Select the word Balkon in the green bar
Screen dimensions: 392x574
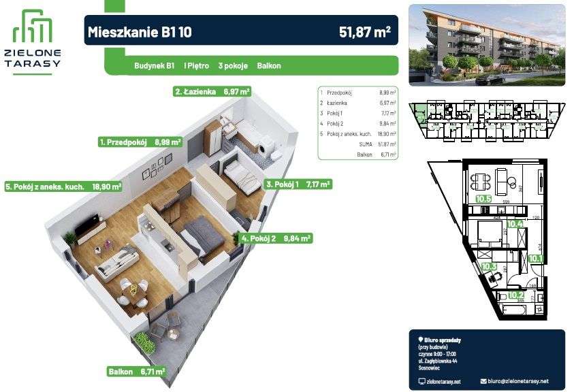click(269, 66)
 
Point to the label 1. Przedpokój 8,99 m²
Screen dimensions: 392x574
click(140, 143)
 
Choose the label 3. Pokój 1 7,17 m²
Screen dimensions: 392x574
click(298, 184)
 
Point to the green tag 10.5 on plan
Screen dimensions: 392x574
click(483, 199)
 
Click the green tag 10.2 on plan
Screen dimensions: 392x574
click(516, 295)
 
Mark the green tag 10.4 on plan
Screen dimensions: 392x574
click(515, 223)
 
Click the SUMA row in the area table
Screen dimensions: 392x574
click(357, 144)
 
